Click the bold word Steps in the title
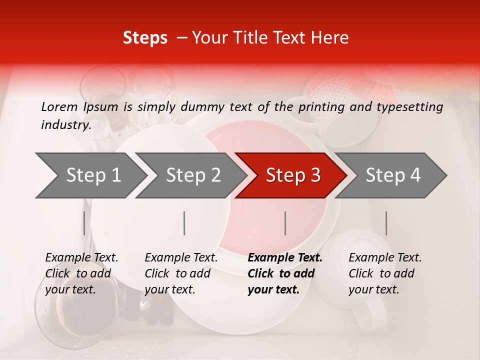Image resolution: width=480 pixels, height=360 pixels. click(145, 38)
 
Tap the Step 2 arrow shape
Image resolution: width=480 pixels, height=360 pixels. click(193, 175)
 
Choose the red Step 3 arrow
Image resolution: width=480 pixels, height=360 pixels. click(293, 175)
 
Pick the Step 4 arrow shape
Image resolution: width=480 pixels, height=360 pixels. click(393, 175)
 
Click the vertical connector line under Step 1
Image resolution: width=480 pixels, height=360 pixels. click(84, 223)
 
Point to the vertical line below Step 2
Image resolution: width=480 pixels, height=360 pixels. click(184, 223)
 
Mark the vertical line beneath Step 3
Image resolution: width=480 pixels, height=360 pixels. click(285, 223)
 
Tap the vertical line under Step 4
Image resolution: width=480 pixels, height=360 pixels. click(386, 223)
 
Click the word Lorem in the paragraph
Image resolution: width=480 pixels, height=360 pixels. click(59, 106)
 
